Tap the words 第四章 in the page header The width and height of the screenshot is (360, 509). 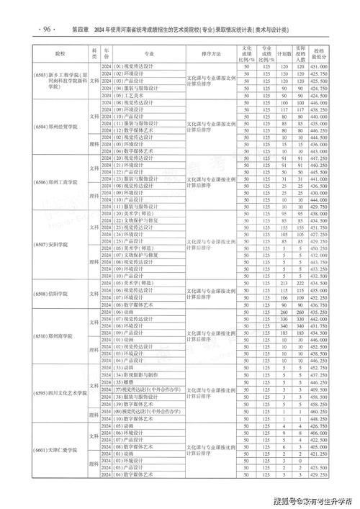[80, 30]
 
